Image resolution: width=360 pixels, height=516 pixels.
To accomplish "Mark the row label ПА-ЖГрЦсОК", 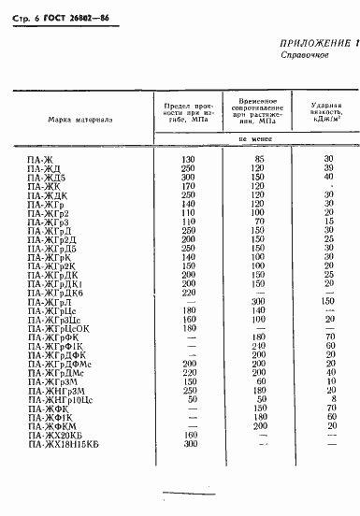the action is point(59,328).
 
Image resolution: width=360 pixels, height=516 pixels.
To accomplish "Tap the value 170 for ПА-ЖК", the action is point(187,186).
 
